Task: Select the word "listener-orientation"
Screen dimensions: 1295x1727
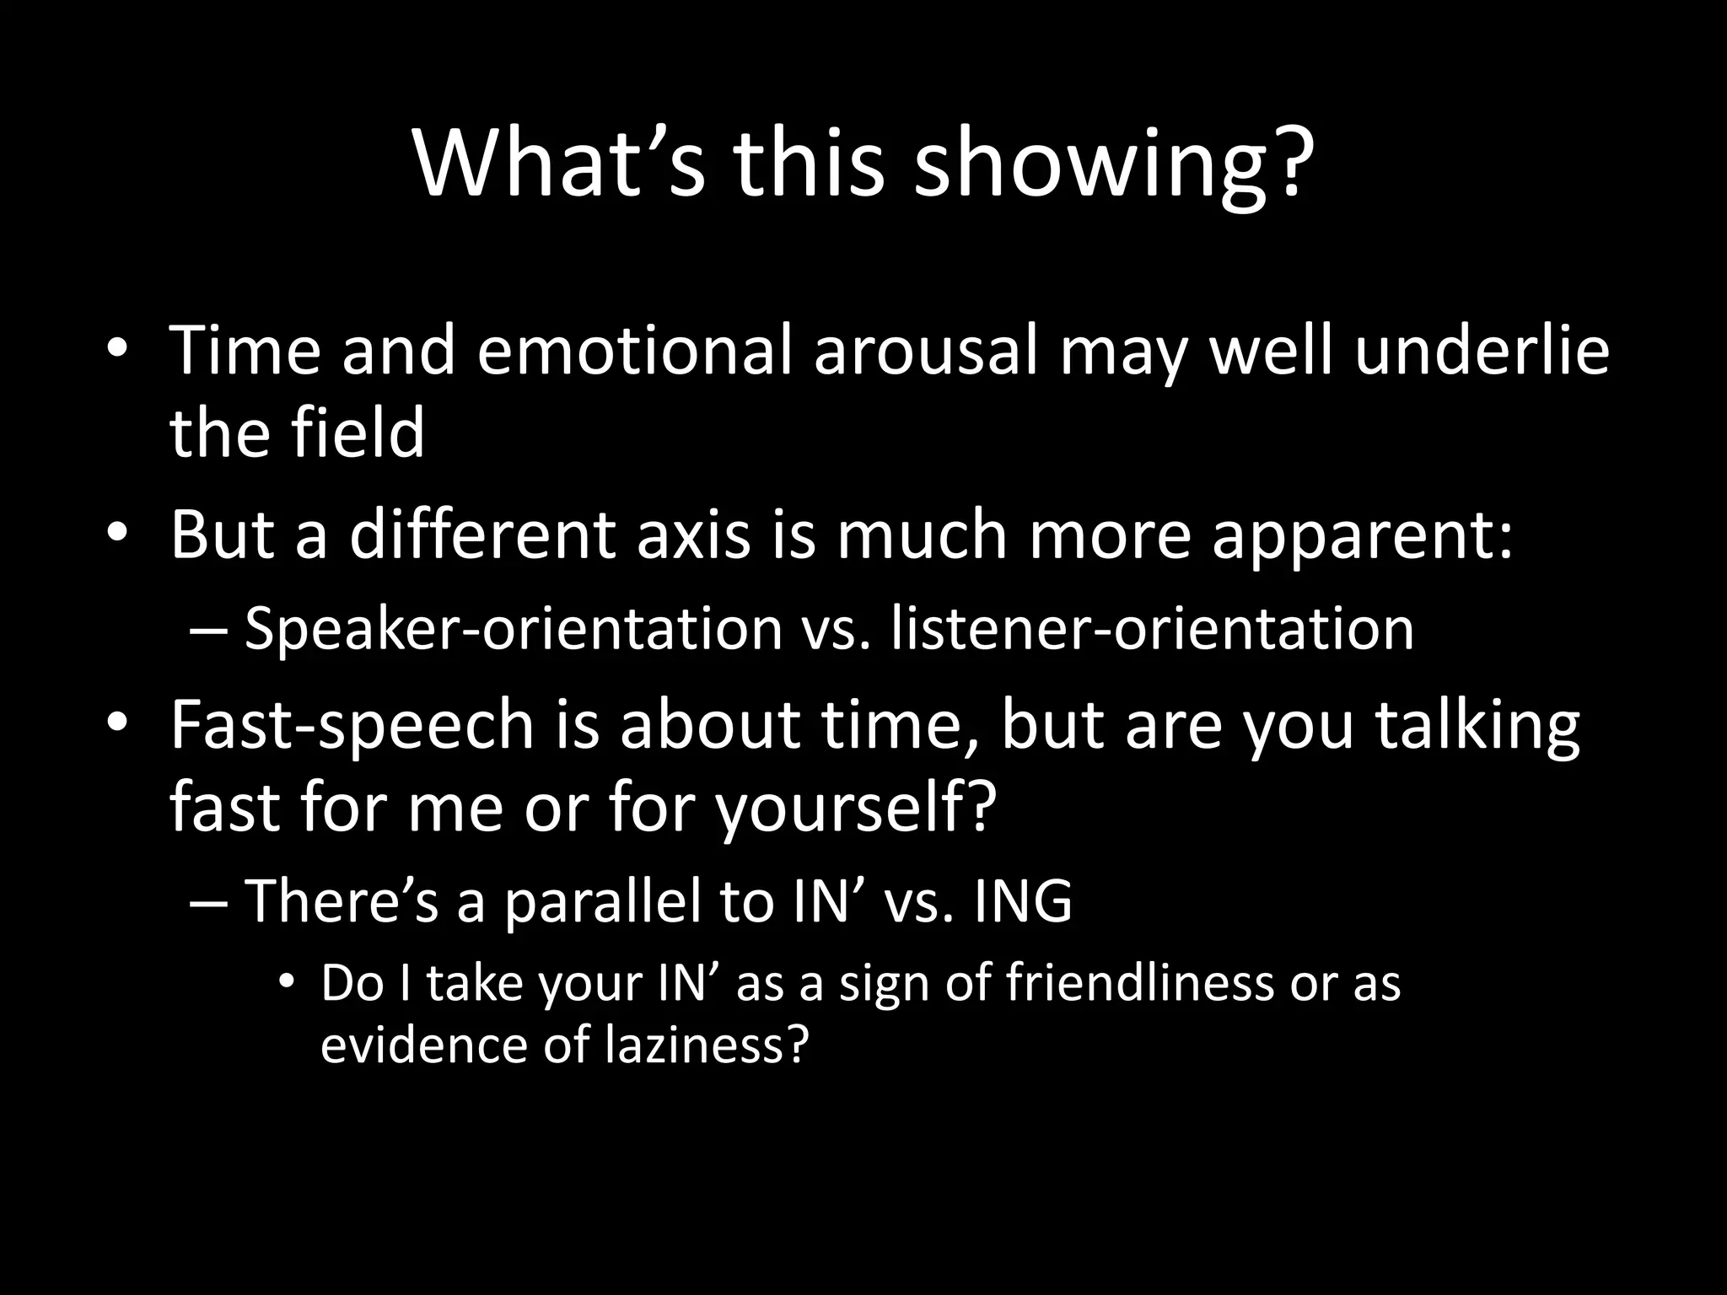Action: coord(1152,629)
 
